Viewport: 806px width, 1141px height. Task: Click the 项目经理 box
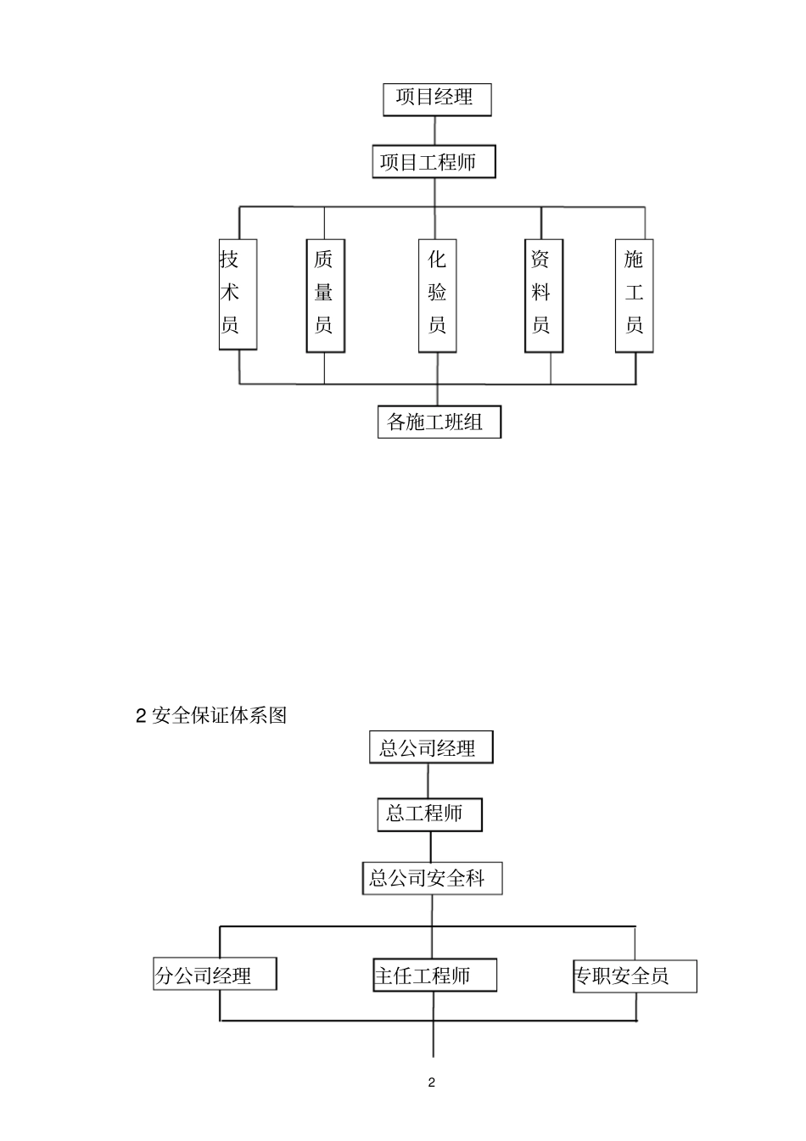[x=437, y=98]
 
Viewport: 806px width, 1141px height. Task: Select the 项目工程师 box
[x=434, y=162]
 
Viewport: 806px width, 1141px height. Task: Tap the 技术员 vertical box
[x=237, y=294]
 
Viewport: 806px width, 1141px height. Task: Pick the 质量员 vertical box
[x=325, y=294]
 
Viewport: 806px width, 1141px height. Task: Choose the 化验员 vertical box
[x=437, y=294]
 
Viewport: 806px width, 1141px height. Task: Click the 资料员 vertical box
[x=543, y=294]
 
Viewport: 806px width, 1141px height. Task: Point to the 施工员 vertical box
[x=634, y=294]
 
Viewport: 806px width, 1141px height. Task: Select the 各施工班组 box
[x=439, y=422]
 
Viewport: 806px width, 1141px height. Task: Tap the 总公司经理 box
[x=430, y=748]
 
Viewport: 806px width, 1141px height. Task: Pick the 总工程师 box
[x=429, y=814]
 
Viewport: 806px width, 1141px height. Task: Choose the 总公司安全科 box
[x=431, y=878]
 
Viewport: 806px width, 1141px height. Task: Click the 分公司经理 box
[x=215, y=976]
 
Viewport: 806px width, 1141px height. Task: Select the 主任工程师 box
[x=434, y=976]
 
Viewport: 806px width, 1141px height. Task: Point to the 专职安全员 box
[x=634, y=976]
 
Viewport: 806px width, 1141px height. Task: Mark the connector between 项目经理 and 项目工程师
[x=434, y=131]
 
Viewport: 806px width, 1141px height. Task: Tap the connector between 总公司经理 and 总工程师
[x=428, y=780]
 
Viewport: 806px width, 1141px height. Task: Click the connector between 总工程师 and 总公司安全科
[x=431, y=847]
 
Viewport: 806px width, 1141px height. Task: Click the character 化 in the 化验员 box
[x=437, y=260]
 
